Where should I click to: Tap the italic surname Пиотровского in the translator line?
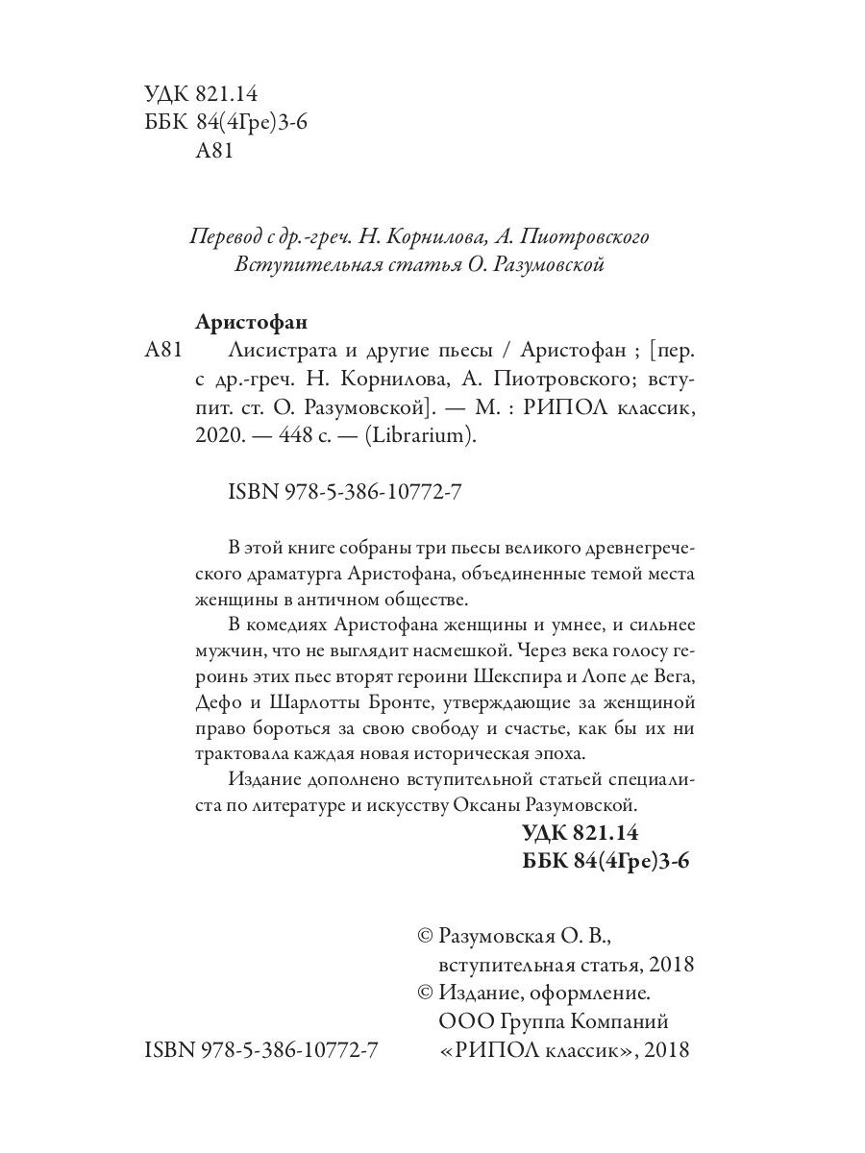[x=582, y=236]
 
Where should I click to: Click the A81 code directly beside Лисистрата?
[x=161, y=351]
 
